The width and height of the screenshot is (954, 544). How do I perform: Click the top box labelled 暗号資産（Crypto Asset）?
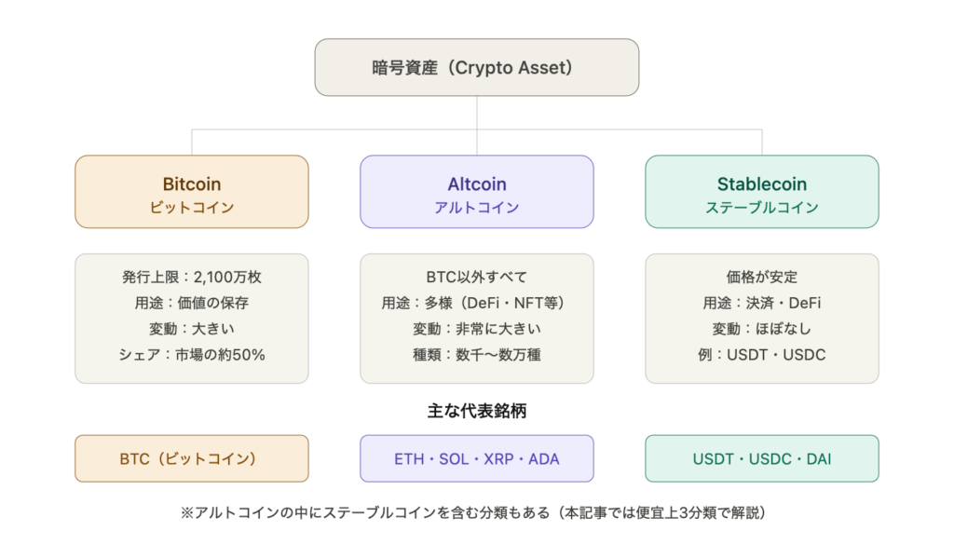pos(477,68)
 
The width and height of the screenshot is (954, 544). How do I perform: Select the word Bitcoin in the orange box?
pos(192,184)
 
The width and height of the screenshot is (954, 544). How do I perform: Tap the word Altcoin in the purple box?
pos(477,184)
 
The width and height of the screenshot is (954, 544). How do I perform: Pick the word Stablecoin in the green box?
pos(762,184)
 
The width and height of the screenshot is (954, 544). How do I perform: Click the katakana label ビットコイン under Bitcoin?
pos(192,208)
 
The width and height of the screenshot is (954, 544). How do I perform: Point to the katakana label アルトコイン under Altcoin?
pos(477,208)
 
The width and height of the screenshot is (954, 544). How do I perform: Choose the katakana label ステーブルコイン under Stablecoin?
pos(762,208)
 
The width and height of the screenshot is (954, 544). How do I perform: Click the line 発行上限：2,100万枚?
pos(192,277)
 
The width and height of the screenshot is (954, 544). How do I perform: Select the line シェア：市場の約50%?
pos(192,355)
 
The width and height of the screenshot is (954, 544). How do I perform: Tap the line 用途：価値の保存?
pos(192,303)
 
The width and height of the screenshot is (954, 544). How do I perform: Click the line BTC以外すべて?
pos(477,277)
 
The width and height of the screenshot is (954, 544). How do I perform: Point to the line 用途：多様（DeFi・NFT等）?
pos(477,303)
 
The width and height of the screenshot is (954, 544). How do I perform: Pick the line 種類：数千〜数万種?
pos(477,355)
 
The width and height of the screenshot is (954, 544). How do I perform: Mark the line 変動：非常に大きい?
pos(477,329)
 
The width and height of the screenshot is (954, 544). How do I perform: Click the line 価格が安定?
pos(762,277)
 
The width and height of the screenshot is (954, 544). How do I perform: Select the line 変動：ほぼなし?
pos(762,329)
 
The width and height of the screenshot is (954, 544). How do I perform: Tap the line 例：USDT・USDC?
pos(762,355)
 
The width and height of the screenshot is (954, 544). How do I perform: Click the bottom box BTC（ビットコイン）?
pos(192,459)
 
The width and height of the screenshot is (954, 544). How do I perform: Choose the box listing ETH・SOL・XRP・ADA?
pos(477,459)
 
